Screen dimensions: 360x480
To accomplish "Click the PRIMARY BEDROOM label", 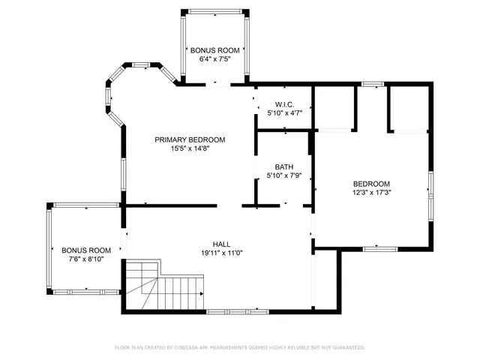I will [x=190, y=139].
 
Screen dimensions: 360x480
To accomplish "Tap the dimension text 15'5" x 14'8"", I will [x=190, y=148].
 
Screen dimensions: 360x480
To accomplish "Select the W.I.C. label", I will [x=283, y=104].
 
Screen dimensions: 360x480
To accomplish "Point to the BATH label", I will [x=284, y=167].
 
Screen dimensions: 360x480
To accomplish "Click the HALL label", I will [x=222, y=244].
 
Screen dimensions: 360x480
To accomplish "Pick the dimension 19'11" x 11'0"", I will [x=222, y=253].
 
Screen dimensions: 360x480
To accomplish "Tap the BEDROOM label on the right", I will [x=372, y=184].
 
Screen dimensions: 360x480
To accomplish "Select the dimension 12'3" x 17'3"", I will [x=372, y=193].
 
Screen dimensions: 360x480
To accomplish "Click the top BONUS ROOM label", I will [x=214, y=49].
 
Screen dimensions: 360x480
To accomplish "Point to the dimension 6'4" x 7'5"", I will [x=214, y=58].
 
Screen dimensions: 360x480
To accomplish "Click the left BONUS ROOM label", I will [x=86, y=250].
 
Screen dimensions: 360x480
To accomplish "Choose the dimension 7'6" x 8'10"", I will [x=86, y=259].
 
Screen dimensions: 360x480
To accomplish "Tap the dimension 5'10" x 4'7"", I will [x=284, y=113].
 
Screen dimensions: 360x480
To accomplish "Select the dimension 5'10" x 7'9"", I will [x=284, y=176].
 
